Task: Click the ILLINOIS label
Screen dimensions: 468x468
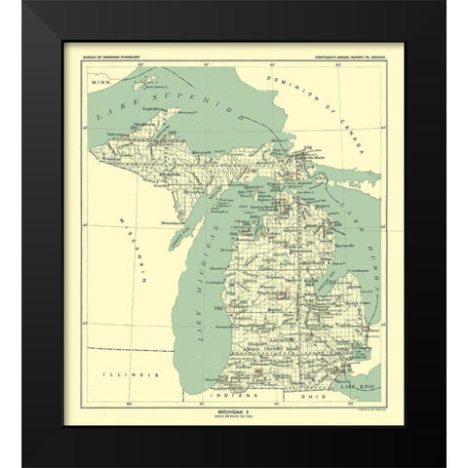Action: pyautogui.click(x=129, y=373)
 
